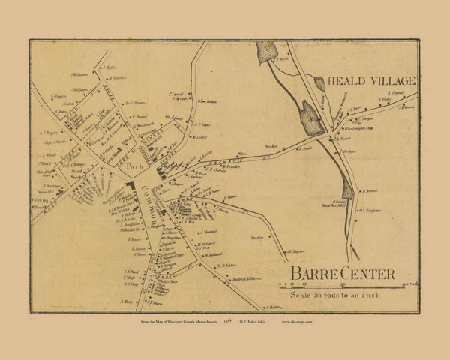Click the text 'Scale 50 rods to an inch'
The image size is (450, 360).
tap(340, 293)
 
